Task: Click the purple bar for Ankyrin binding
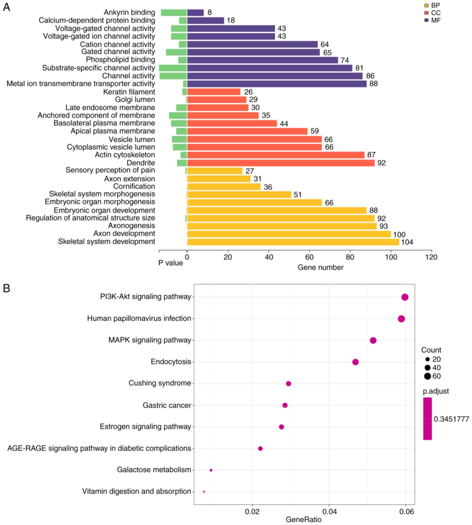(195, 13)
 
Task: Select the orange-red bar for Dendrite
(281, 163)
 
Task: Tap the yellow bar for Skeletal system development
(293, 242)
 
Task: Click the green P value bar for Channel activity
(173, 76)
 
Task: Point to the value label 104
(407, 242)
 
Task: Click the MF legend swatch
(426, 20)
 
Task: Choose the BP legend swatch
(426, 5)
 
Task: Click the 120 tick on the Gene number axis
(431, 257)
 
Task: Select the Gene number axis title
(320, 267)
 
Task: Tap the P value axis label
(170, 263)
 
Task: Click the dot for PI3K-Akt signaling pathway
(405, 297)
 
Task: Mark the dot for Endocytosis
(355, 362)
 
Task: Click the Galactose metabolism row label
(154, 470)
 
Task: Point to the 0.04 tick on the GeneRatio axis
(329, 512)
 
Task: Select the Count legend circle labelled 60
(427, 376)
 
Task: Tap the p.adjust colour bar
(427, 418)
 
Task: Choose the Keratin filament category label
(129, 92)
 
